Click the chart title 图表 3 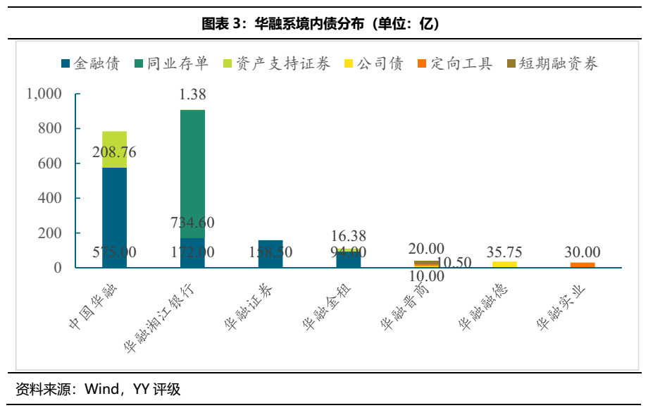[x=320, y=25]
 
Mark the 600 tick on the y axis [x=51, y=163]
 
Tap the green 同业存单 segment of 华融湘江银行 [x=192, y=169]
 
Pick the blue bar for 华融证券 [x=270, y=254]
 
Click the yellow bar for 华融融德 [x=504, y=264]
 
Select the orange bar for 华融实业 [x=582, y=265]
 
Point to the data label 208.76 [x=114, y=152]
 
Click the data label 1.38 [x=192, y=94]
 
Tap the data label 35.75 [x=504, y=252]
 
